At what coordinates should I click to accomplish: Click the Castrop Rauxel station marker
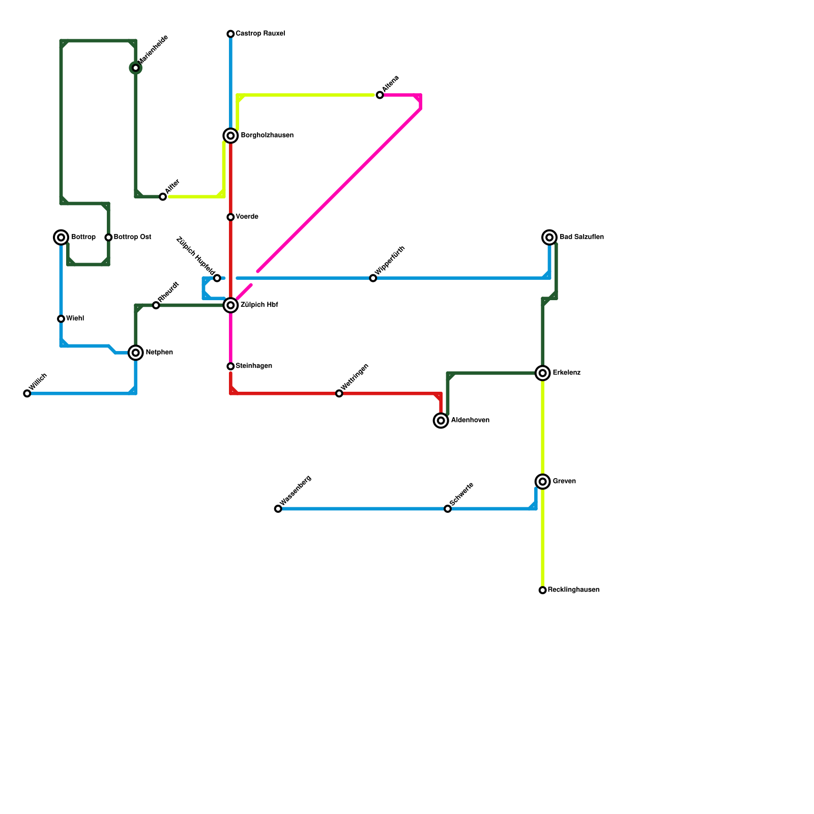click(x=230, y=34)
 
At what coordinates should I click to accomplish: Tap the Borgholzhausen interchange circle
click(x=230, y=135)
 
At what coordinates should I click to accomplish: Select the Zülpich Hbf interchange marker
click(x=230, y=305)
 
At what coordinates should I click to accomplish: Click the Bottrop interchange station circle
click(x=61, y=237)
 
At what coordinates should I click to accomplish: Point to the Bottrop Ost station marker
click(x=108, y=237)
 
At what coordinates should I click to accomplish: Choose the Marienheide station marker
click(x=136, y=68)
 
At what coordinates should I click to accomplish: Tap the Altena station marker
click(x=380, y=95)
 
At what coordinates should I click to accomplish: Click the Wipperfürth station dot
click(x=373, y=278)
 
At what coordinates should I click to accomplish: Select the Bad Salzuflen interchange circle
click(x=549, y=237)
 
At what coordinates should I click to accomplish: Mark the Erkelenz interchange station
click(x=543, y=373)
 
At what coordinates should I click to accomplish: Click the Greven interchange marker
click(x=543, y=481)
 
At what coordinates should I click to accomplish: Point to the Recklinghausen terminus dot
click(x=543, y=590)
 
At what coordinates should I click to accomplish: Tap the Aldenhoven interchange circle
click(x=441, y=420)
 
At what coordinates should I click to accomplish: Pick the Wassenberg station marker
click(x=278, y=509)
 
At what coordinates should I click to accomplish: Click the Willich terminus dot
click(x=27, y=393)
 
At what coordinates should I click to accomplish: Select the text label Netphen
click(x=159, y=353)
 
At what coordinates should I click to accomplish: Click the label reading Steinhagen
click(x=254, y=366)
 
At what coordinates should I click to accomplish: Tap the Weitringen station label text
click(x=355, y=377)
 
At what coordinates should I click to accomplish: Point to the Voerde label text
click(x=247, y=217)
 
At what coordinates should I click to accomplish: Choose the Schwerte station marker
click(x=448, y=509)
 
